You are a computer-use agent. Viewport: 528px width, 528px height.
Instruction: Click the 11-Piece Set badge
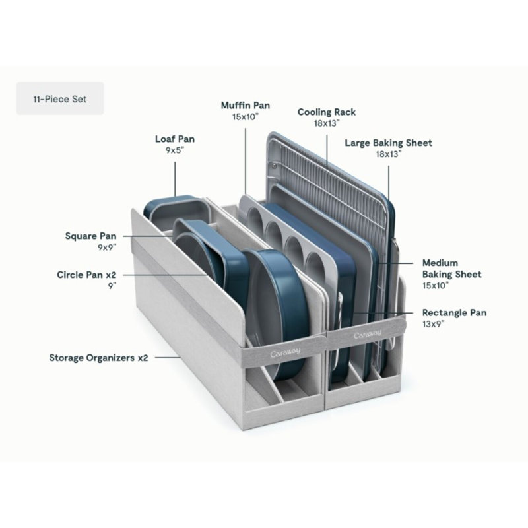coord(60,98)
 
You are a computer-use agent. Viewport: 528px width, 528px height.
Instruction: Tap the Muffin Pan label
coord(246,106)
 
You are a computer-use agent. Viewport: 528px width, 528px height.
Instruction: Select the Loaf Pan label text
coord(175,139)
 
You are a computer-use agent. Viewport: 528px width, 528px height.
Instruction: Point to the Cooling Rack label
coord(327,112)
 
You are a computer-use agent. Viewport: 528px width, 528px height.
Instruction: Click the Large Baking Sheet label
coord(388,143)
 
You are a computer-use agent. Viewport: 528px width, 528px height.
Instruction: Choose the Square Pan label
coord(91,236)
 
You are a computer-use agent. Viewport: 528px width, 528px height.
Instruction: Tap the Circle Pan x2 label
coord(86,275)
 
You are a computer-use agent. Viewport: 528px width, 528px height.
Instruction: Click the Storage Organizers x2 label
coord(98,358)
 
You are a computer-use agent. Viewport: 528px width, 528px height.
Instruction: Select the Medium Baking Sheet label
coord(451,269)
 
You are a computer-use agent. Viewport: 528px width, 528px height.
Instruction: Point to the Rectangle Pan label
coord(454,313)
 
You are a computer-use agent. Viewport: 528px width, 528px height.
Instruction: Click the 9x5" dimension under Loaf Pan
coord(175,150)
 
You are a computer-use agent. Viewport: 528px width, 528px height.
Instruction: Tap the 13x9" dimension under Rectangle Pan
coord(434,324)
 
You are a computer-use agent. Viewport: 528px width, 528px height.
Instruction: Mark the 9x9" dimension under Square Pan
coord(107,247)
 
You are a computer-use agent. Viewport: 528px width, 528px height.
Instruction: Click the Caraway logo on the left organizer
coord(285,352)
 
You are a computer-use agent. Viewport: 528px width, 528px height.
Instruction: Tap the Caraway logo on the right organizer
coord(368,335)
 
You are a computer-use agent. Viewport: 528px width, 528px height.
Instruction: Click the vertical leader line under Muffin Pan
coord(246,160)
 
